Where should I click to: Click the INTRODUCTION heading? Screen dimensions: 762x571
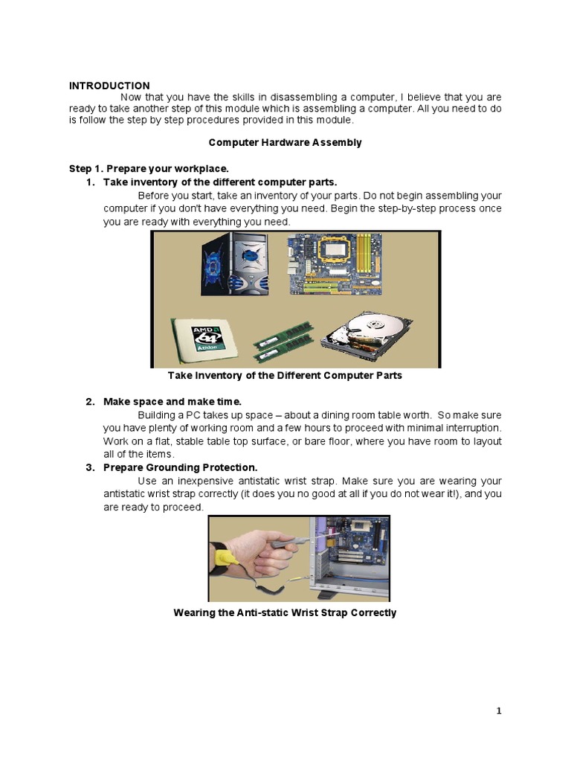tap(109, 86)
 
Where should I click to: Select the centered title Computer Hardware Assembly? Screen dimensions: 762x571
tap(285, 142)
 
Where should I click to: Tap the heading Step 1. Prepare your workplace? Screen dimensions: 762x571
tap(149, 169)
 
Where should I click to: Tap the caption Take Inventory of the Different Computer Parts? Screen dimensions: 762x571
tap(285, 376)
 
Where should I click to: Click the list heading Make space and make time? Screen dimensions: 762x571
tap(172, 402)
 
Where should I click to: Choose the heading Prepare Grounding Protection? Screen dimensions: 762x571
tap(180, 467)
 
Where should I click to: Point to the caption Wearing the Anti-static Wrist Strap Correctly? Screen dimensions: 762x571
tap(285, 613)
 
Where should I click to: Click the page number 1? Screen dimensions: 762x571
tap(499, 711)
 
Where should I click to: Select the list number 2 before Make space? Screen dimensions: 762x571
tap(89, 402)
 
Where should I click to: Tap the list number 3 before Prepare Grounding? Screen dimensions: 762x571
tap(89, 467)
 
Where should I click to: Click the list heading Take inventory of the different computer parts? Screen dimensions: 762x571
tap(220, 182)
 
